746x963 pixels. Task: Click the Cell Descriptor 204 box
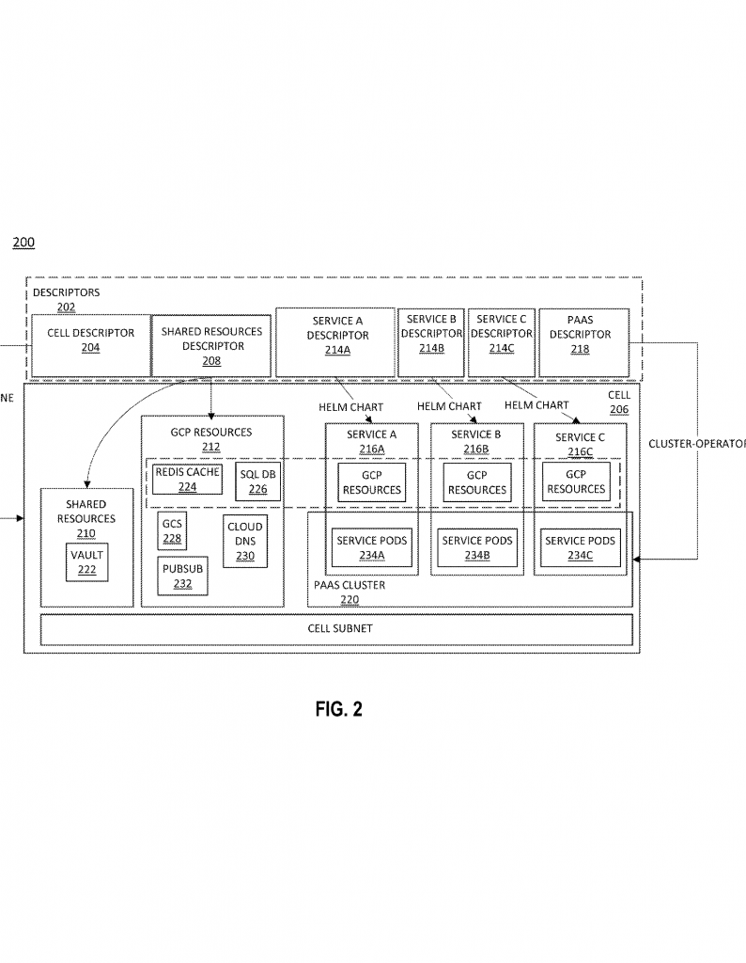point(91,345)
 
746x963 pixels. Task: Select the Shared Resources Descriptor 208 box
point(211,345)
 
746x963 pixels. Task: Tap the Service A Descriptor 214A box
point(335,342)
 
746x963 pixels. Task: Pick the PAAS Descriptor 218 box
point(583,342)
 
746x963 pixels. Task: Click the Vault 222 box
point(87,562)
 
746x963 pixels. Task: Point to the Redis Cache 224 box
point(187,479)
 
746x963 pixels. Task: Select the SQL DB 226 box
point(257,482)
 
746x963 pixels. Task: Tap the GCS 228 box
point(172,530)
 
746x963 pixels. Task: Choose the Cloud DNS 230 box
point(245,541)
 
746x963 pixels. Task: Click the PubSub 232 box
point(182,576)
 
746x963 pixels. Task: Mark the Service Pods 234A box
point(372,548)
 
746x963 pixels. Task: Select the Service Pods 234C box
point(580,548)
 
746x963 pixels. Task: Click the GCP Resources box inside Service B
point(477,482)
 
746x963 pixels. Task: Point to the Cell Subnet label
point(340,628)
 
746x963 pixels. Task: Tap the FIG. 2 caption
point(338,709)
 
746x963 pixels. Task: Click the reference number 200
point(23,242)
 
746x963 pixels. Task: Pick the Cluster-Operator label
point(697,444)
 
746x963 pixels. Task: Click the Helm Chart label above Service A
point(350,407)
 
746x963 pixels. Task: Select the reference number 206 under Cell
point(619,410)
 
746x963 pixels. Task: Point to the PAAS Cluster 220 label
point(350,592)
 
